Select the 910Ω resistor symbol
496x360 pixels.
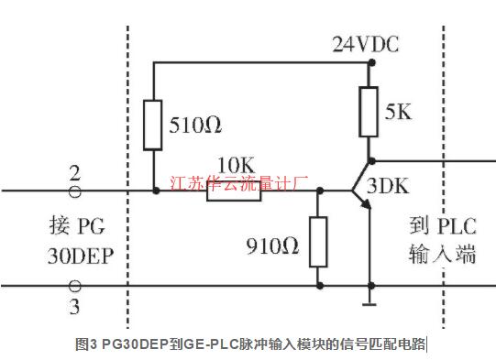pos(318,241)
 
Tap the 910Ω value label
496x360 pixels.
pos(274,245)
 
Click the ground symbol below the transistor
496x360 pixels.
pos(370,301)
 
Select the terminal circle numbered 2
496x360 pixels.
pos(75,191)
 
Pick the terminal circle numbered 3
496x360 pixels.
pos(75,287)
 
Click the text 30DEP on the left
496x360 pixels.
pos(80,256)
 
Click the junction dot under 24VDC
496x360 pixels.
pos(370,63)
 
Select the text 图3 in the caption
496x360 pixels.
pos(86,345)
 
